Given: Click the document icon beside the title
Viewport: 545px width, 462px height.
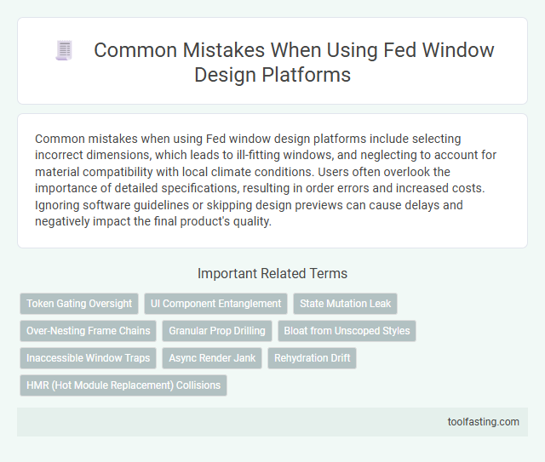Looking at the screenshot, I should click(x=64, y=51).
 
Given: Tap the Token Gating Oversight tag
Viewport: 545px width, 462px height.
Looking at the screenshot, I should click(x=79, y=304).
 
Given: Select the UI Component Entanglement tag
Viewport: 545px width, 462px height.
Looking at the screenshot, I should click(x=215, y=304).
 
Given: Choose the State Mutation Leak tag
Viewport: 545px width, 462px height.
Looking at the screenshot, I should click(x=345, y=304).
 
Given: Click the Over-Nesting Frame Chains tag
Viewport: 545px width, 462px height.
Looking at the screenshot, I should click(x=88, y=331).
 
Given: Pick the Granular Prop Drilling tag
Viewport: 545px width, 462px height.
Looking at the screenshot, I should click(x=217, y=331).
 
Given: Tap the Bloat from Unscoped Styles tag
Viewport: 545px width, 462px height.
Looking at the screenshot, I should click(x=347, y=331).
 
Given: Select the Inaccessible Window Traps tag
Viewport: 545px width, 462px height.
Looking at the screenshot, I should click(x=88, y=358).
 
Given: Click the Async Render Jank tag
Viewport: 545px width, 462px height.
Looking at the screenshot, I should click(x=211, y=358).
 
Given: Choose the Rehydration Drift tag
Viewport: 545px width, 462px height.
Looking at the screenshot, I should click(x=312, y=358).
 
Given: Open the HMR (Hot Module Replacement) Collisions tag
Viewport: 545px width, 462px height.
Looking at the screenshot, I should click(x=123, y=385).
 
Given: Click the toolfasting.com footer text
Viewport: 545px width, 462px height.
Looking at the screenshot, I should click(x=483, y=421).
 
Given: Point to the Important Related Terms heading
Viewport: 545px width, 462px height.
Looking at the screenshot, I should click(x=272, y=273).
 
